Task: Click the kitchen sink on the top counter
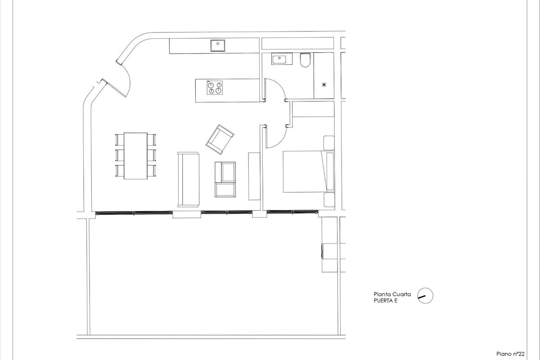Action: click(218, 44)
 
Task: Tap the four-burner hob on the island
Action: click(215, 87)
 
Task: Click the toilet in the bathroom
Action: click(305, 61)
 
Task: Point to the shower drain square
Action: click(324, 84)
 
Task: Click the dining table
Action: click(135, 156)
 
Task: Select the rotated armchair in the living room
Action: click(220, 138)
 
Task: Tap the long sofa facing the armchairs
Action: click(189, 179)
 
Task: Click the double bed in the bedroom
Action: click(304, 172)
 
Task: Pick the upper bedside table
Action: click(329, 143)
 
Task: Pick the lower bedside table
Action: click(329, 200)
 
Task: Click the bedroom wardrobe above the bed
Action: click(313, 109)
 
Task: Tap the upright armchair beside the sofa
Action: click(225, 179)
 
